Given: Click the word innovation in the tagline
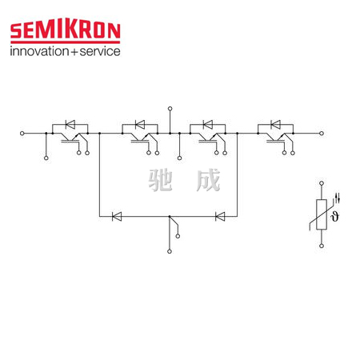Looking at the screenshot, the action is (39, 51).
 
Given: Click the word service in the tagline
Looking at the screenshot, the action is (100, 51).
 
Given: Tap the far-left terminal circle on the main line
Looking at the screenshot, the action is (22, 133).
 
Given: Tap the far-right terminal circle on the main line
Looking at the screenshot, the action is (322, 133).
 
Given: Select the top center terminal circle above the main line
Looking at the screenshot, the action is (170, 109).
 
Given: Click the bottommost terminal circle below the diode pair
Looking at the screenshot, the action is (170, 251).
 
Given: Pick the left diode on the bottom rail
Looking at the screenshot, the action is (117, 216).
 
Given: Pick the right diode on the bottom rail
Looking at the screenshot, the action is (220, 216).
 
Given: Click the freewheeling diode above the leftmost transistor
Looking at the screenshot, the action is (70, 124).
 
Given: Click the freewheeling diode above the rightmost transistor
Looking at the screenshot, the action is (275, 124).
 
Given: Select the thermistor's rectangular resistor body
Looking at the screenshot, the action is (322, 214).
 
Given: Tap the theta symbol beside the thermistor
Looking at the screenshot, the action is (334, 216).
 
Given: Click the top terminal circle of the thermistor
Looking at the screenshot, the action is (322, 183).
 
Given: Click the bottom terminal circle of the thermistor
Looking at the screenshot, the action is (322, 246).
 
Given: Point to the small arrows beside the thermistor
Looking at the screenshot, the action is (338, 198).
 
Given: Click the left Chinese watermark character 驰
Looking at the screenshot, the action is (160, 180).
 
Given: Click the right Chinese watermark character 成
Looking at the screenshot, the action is (208, 180).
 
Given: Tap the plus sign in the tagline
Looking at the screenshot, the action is (74, 52).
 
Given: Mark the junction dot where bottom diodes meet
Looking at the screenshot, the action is (170, 216).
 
